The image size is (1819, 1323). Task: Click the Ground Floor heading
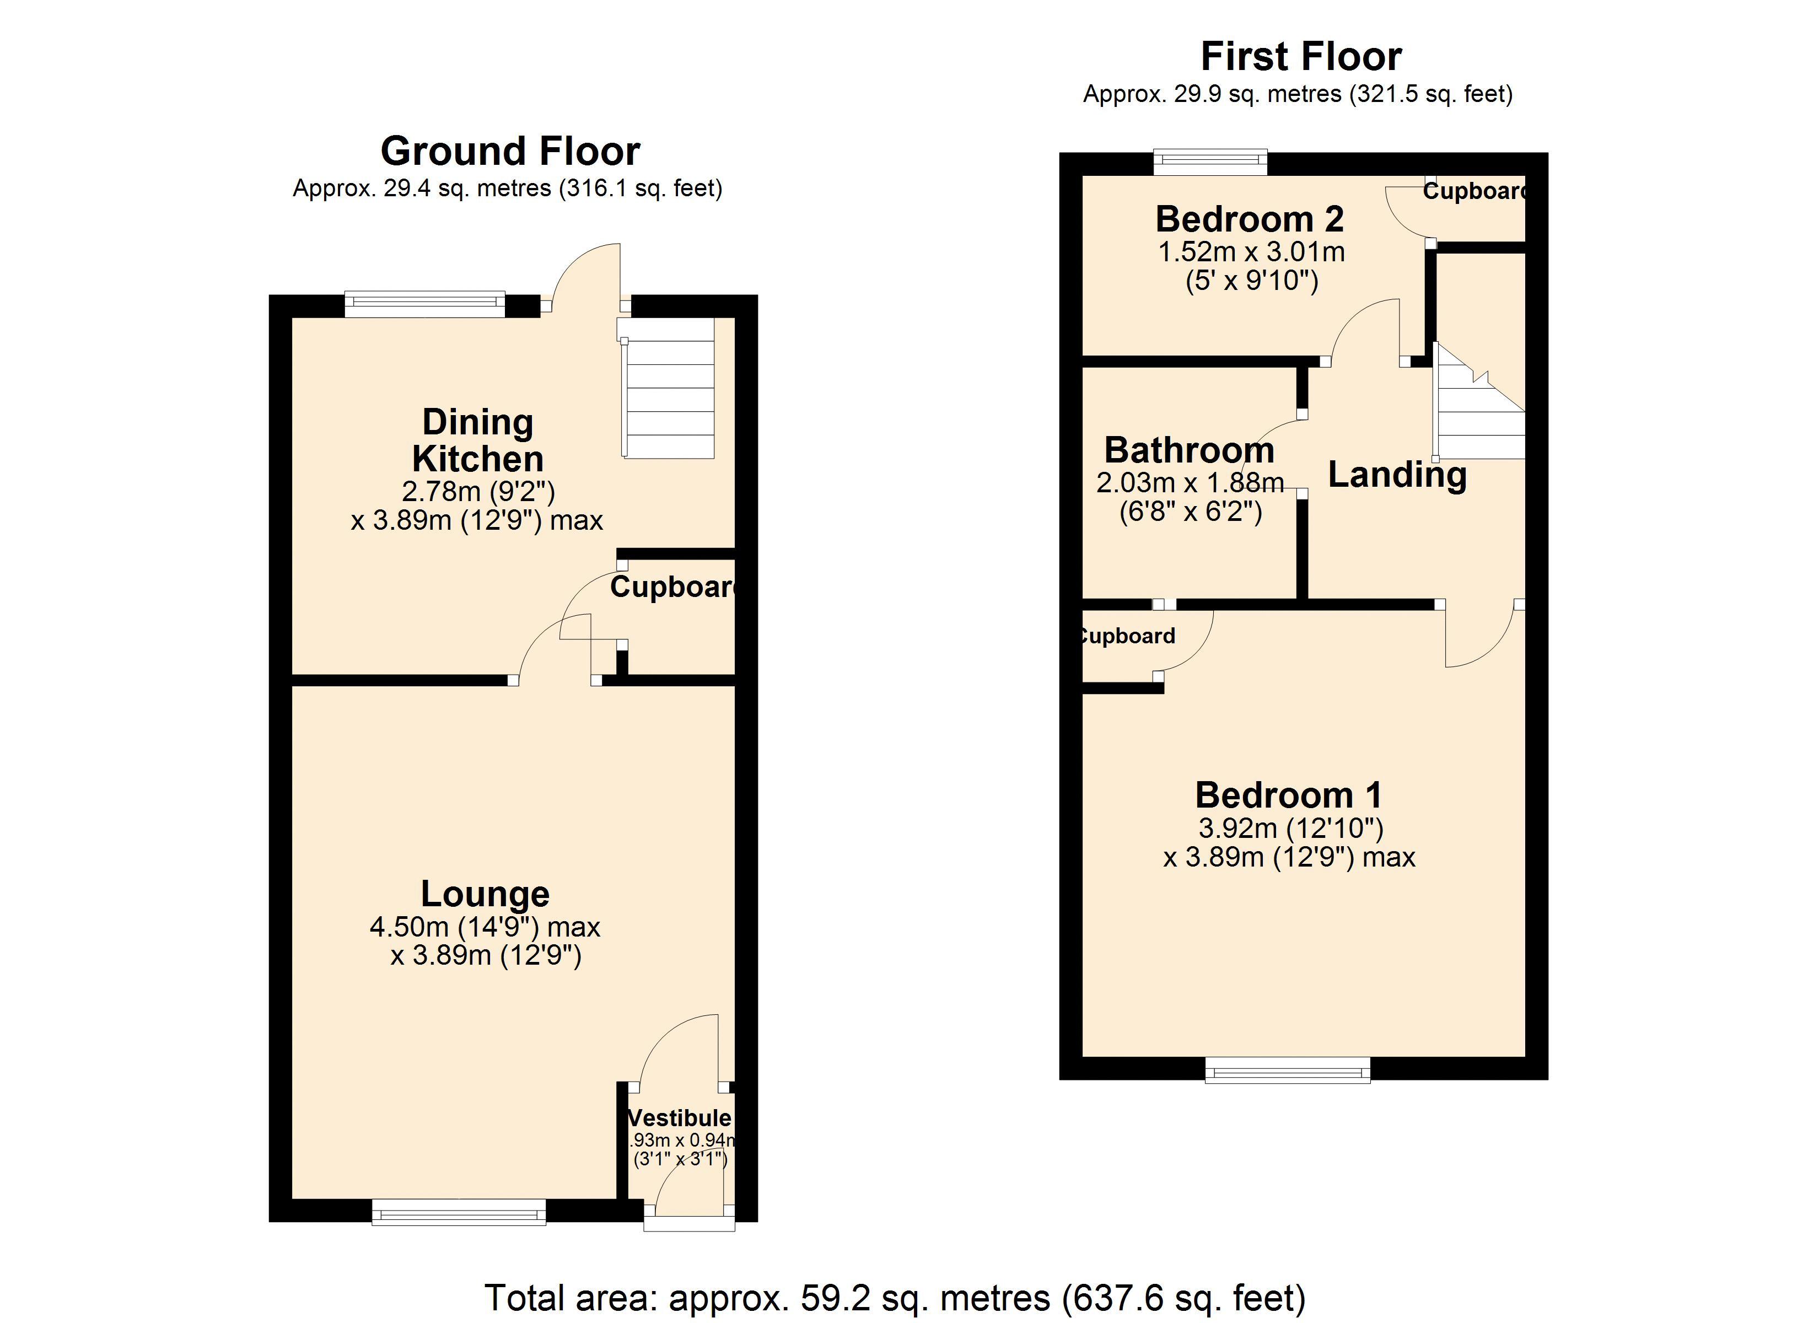pyautogui.click(x=510, y=151)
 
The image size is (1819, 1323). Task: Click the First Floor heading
pyautogui.click(x=1300, y=57)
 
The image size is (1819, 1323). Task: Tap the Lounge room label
pyautogui.click(x=485, y=894)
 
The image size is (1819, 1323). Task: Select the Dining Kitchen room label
pyautogui.click(x=478, y=440)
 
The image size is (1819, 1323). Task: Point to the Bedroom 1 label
pyautogui.click(x=1289, y=795)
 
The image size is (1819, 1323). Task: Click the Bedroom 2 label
pyautogui.click(x=1250, y=219)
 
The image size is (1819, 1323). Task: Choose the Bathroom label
pyautogui.click(x=1188, y=450)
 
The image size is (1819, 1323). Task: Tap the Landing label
pyautogui.click(x=1397, y=474)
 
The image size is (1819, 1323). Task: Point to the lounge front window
pyautogui.click(x=459, y=1212)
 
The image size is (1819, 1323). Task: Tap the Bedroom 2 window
pyautogui.click(x=1210, y=163)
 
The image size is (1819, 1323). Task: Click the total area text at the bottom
pyautogui.click(x=895, y=1297)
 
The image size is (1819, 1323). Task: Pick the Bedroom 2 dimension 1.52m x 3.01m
pyautogui.click(x=1251, y=252)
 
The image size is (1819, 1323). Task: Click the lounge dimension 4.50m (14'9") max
pyautogui.click(x=485, y=927)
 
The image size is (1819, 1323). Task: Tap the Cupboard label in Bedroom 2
pyautogui.click(x=1473, y=191)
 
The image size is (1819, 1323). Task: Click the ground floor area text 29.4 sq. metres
pyautogui.click(x=507, y=189)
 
